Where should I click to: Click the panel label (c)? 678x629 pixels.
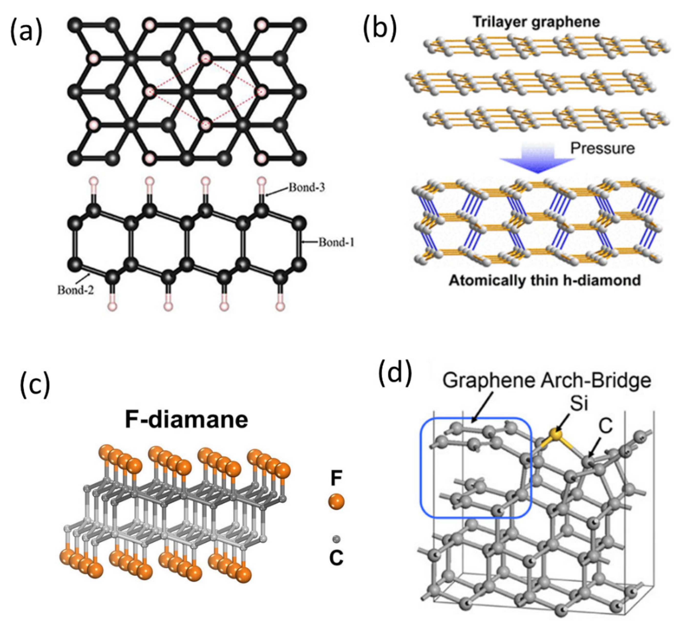tap(35, 386)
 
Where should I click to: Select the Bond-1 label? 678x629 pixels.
tap(336, 242)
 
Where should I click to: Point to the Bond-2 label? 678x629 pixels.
tap(75, 290)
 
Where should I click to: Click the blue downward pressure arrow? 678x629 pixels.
tap(537, 157)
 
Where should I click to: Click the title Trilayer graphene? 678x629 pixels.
tap(536, 22)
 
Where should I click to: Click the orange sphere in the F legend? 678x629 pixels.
tap(336, 502)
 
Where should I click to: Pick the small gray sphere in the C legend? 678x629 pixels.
tap(336, 539)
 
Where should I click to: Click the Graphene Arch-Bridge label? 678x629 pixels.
tap(547, 380)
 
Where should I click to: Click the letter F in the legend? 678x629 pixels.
tap(336, 478)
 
